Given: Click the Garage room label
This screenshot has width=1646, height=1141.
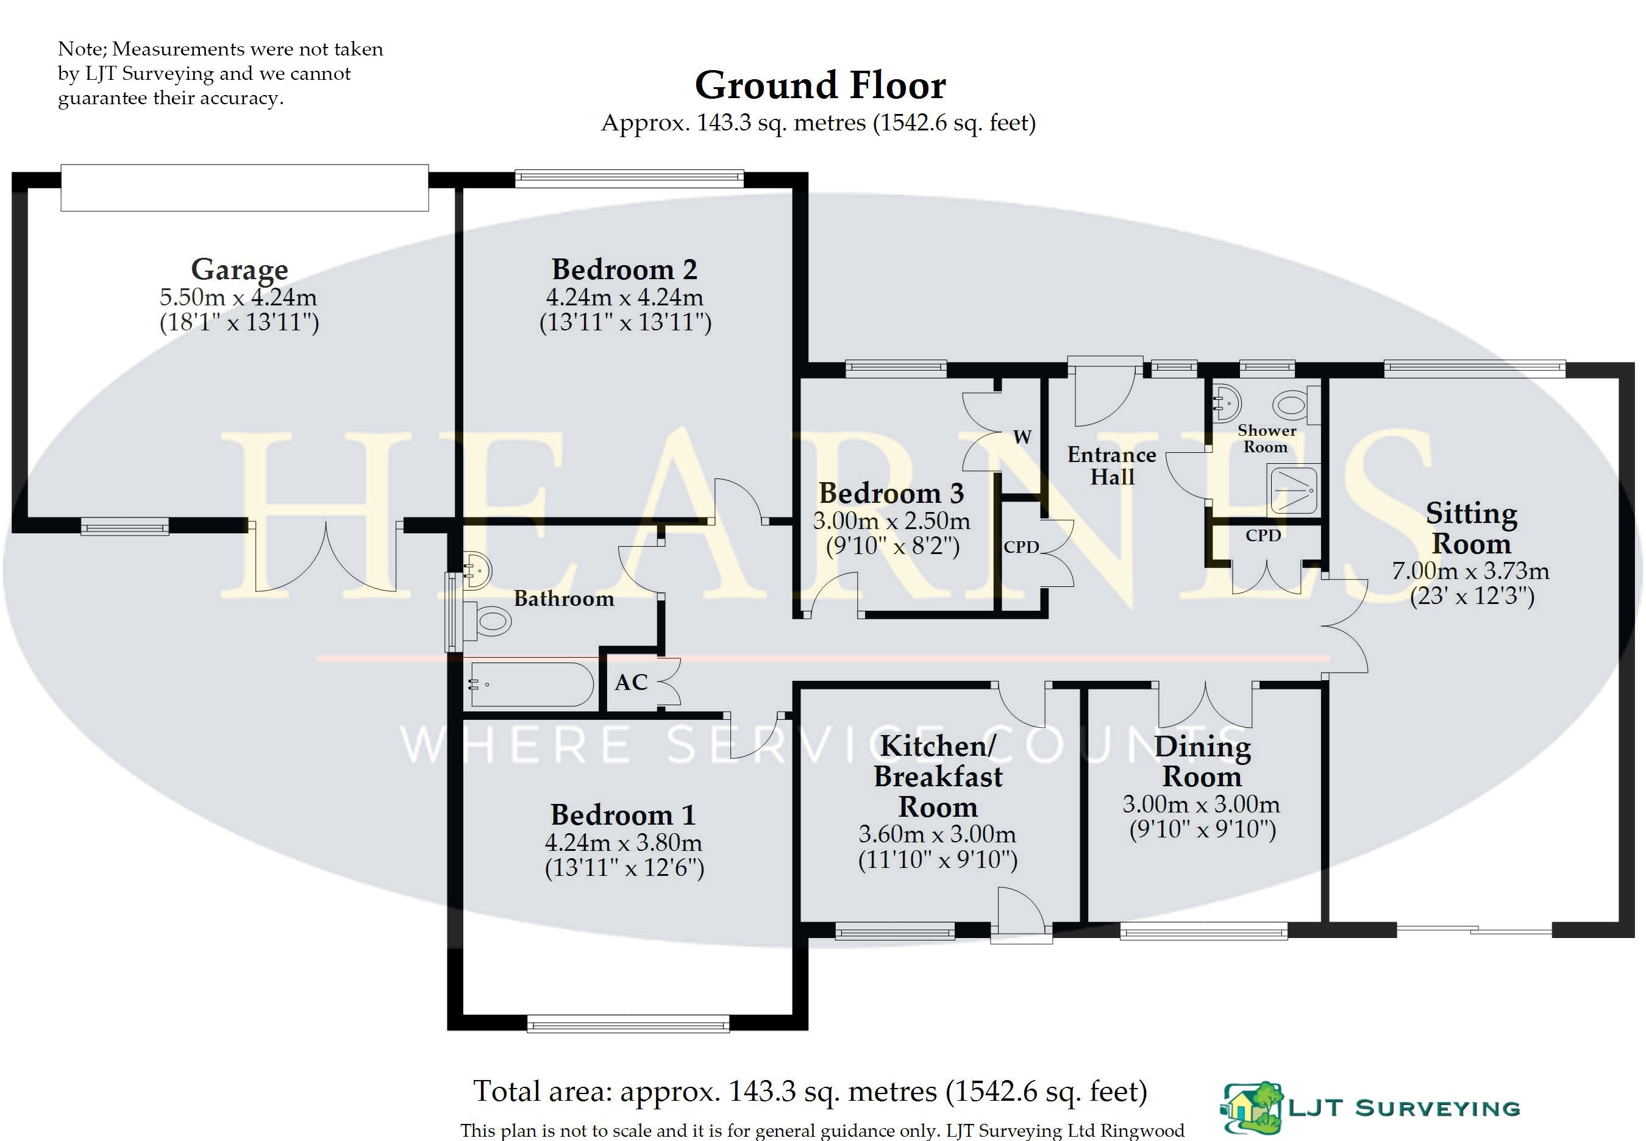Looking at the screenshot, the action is [240, 269].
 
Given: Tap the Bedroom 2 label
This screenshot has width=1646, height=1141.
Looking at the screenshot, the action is [624, 269].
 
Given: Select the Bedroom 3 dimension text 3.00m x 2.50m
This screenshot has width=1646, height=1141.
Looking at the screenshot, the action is [891, 521].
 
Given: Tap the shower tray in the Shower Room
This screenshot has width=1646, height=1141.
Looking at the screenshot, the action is [1293, 489].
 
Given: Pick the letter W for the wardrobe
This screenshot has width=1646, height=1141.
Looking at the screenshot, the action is [1022, 437].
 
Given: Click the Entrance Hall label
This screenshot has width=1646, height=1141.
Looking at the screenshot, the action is [1112, 466].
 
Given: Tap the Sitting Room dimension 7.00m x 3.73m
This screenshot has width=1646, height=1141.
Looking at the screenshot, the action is [1471, 570].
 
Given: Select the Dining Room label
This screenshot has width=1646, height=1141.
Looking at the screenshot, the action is [1203, 761].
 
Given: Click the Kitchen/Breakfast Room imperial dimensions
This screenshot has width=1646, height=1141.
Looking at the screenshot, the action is [938, 859].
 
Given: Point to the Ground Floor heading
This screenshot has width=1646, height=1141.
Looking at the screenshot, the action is [820, 85].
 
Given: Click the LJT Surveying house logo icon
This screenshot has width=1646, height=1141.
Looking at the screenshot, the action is [1252, 1107].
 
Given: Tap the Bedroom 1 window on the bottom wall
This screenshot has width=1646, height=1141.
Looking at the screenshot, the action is [629, 1024].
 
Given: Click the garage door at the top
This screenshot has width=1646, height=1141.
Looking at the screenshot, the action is [244, 187].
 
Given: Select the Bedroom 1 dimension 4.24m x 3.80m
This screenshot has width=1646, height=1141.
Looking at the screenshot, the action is [624, 842].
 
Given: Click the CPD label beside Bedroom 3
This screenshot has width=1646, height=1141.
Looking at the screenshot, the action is [1021, 547].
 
